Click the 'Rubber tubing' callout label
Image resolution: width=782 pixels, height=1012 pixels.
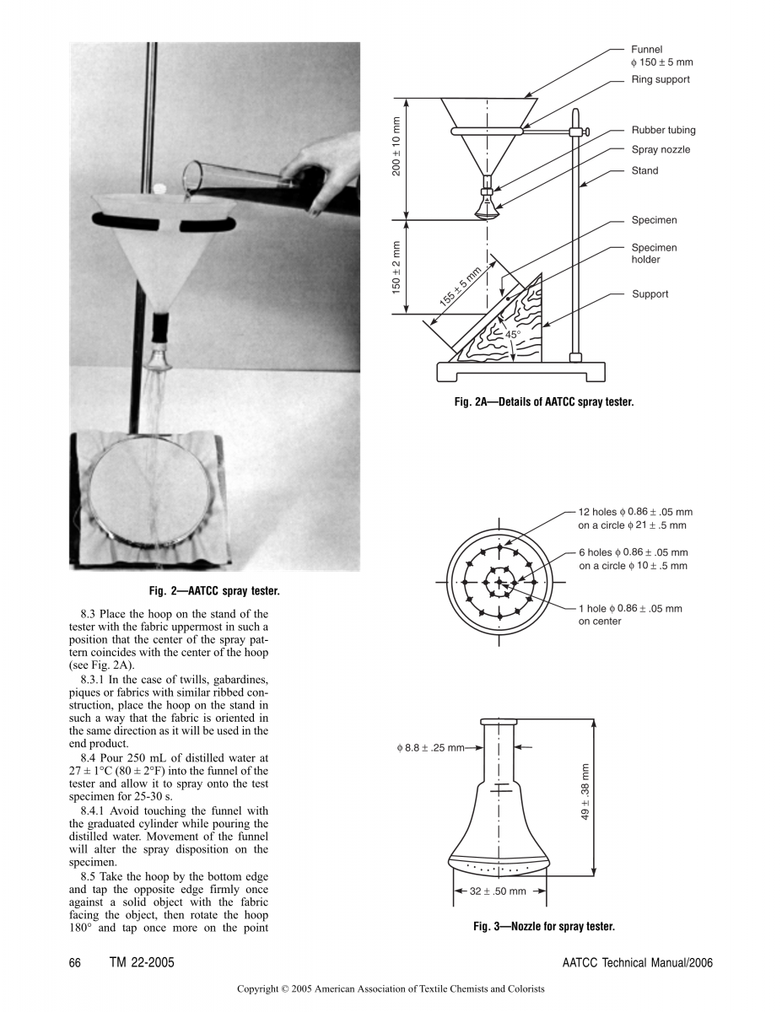(663, 130)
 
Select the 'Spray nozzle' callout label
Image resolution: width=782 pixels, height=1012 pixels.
(661, 149)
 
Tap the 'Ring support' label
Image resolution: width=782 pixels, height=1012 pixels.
(661, 79)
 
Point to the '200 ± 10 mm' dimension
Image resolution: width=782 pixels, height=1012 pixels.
(396, 157)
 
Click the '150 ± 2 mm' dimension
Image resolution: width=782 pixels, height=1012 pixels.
(396, 267)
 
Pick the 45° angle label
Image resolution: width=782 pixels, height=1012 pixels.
(513, 335)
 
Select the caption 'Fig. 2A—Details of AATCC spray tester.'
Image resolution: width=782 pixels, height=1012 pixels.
(543, 402)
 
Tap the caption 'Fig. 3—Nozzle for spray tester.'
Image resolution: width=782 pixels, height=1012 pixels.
(543, 927)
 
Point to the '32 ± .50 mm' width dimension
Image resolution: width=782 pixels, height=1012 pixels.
(498, 891)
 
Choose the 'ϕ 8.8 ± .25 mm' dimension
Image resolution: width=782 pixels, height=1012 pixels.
(430, 747)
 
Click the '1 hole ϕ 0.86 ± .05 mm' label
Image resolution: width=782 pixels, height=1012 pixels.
(630, 608)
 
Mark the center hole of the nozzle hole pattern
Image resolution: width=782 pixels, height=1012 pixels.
(499, 582)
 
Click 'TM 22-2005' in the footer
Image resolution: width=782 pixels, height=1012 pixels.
(142, 963)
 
